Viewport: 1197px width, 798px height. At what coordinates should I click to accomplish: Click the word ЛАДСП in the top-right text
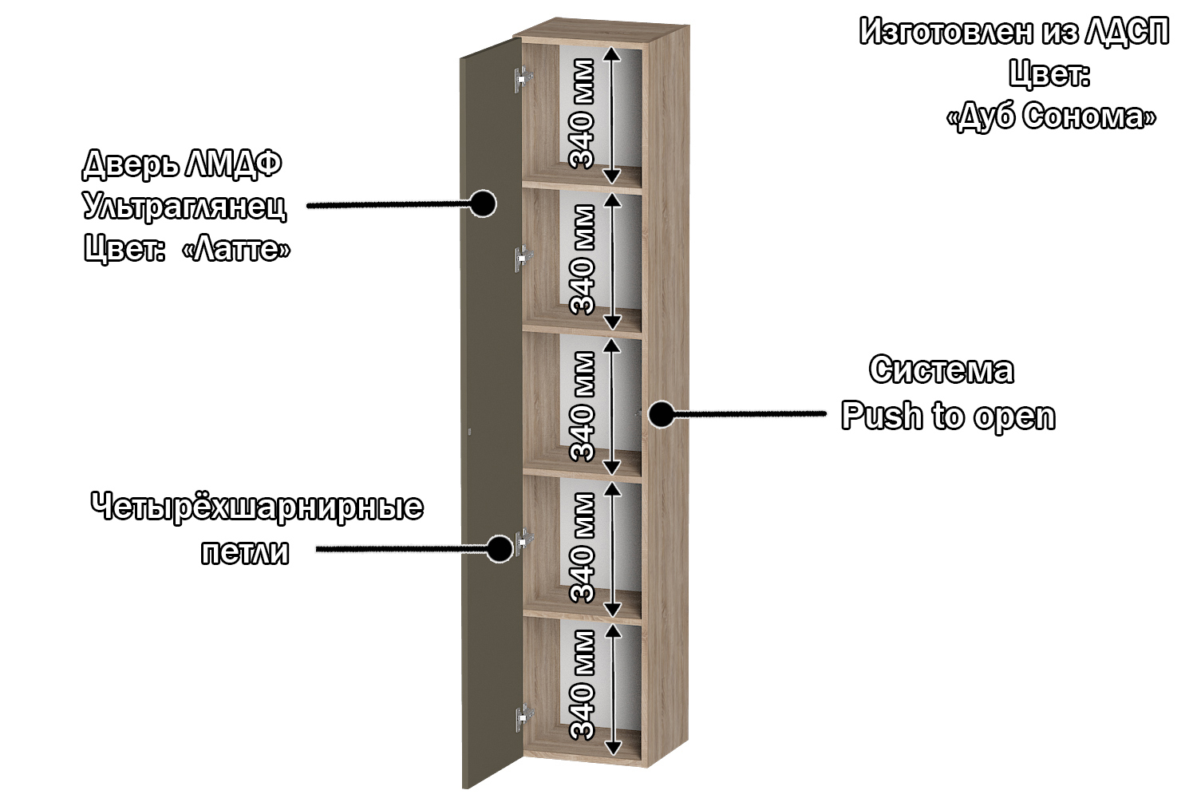1127,32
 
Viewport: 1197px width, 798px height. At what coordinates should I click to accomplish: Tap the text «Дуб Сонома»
1051,116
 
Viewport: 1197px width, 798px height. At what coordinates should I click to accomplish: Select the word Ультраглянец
185,206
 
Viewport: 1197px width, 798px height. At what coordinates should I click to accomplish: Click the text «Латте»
236,249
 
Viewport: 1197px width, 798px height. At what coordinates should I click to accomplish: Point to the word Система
942,369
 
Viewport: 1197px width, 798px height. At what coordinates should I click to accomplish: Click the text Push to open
949,417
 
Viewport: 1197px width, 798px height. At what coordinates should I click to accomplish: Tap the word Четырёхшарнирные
257,507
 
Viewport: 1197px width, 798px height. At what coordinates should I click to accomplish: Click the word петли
245,552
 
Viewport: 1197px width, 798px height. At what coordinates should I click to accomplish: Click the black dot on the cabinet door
483,203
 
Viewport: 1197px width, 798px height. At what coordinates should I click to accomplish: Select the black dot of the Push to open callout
662,413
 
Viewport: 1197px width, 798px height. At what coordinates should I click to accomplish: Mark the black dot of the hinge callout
500,548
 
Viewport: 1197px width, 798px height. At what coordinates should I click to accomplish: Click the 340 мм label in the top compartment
583,114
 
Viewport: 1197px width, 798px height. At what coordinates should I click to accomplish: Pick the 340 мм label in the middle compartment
583,407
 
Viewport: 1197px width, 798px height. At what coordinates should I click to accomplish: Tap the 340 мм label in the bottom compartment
583,685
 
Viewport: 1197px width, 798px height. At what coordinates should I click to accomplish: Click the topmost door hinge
523,79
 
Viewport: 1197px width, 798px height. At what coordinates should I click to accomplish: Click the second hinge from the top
523,259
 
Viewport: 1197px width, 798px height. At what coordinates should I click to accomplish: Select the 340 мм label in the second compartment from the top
583,260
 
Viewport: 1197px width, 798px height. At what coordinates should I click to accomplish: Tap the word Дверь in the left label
130,164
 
